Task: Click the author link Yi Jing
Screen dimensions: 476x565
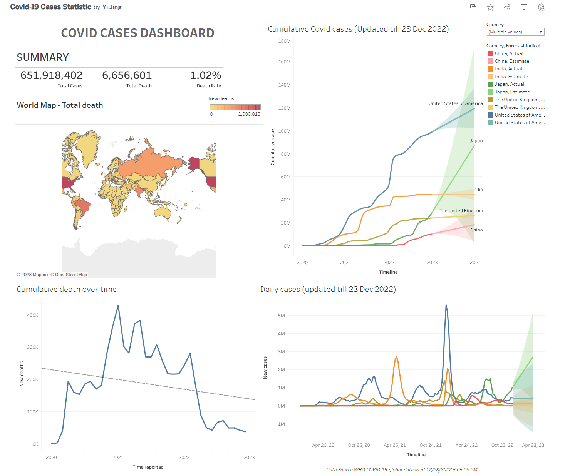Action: tap(112, 7)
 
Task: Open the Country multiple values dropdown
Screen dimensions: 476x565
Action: tap(515, 32)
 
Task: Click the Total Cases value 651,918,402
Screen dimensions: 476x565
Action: tap(52, 75)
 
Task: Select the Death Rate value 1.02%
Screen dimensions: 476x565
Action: tap(206, 75)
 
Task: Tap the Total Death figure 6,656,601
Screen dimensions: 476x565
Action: tap(127, 75)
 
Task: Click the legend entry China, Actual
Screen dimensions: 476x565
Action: tap(509, 53)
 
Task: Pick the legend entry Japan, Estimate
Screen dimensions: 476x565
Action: tap(512, 92)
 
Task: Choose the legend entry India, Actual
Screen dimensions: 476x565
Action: tap(508, 69)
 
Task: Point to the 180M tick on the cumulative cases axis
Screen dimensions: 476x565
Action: tap(284, 41)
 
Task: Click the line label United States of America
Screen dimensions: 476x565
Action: tap(455, 103)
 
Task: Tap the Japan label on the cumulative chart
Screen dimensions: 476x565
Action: tap(476, 141)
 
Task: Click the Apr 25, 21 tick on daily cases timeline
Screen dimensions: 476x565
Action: tap(395, 445)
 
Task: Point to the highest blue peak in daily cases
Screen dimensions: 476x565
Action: tap(446, 305)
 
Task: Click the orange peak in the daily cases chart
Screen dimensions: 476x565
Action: tap(396, 357)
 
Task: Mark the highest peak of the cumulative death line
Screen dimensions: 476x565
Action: tap(118, 306)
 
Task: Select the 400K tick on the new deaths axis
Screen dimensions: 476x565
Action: tap(32, 315)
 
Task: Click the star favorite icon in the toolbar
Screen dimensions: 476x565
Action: tap(490, 7)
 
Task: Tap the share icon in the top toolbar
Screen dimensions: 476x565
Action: tap(507, 7)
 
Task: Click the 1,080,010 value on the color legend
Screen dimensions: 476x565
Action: tap(249, 114)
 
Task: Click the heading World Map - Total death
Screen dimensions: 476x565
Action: tap(60, 105)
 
